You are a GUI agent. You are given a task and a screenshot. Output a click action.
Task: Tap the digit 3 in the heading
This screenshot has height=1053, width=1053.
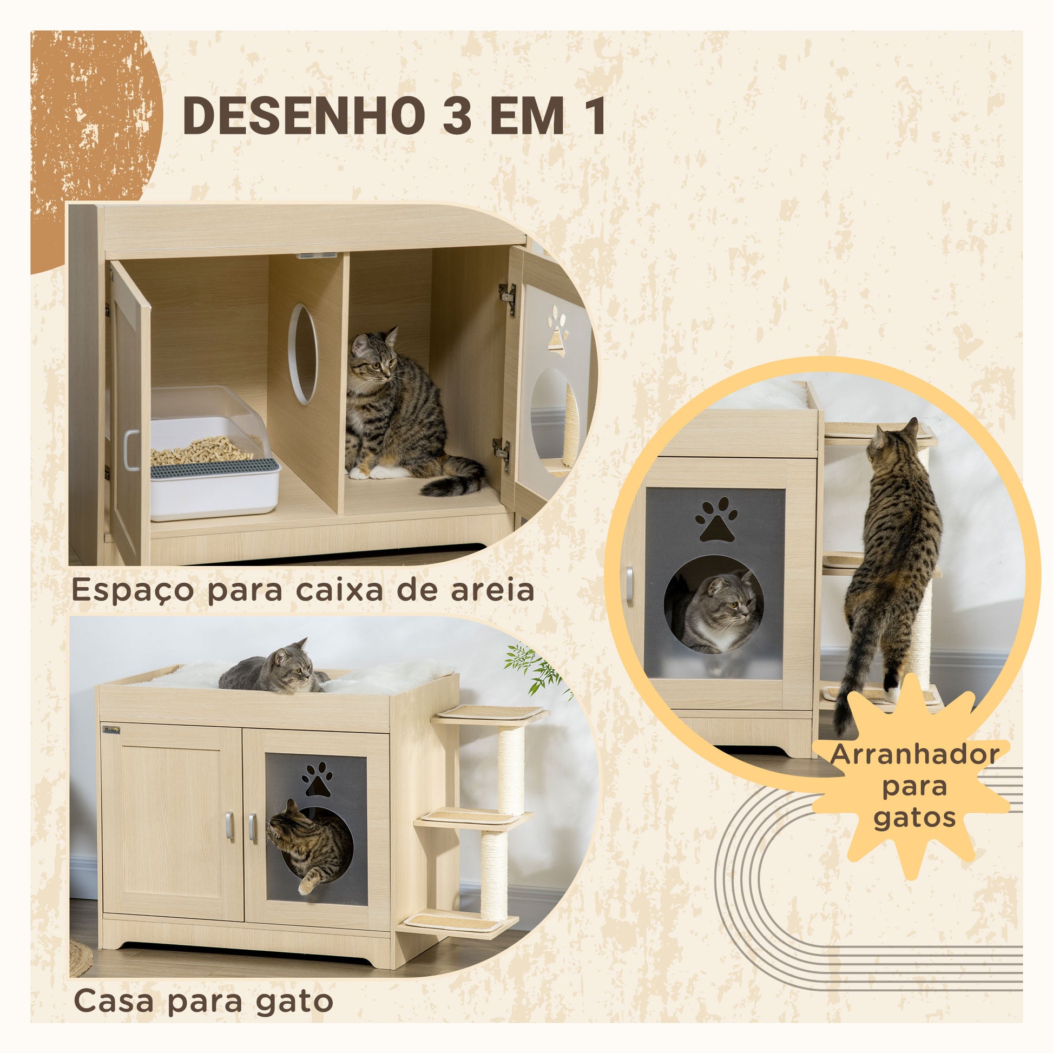pos(457,116)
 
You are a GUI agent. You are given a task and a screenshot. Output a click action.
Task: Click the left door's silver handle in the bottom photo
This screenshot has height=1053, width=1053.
pos(229,826)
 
